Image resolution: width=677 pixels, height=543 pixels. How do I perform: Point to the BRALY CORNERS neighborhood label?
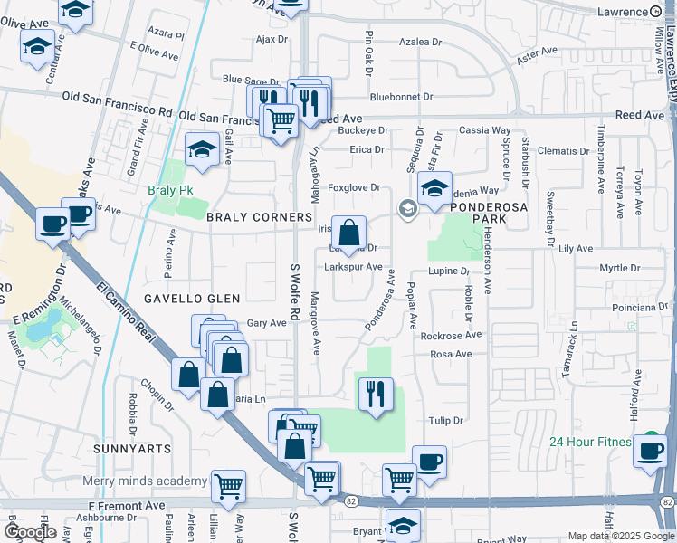pyautogui.click(x=247, y=217)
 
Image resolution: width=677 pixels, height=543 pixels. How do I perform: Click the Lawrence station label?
pyautogui.click(x=620, y=11)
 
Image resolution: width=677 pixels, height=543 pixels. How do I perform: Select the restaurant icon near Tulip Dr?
pyautogui.click(x=375, y=394)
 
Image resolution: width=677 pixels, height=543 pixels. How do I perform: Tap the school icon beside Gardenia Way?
pyautogui.click(x=435, y=188)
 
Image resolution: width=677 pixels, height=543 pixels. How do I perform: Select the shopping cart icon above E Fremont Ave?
pyautogui.click(x=228, y=486)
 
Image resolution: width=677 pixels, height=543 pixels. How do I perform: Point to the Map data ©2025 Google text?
pyautogui.click(x=620, y=536)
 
